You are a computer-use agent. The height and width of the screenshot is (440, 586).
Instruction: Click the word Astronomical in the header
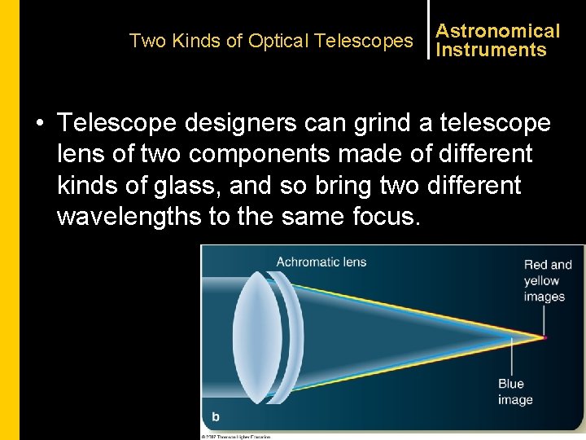click(497, 31)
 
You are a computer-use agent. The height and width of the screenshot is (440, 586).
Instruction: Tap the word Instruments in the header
click(491, 50)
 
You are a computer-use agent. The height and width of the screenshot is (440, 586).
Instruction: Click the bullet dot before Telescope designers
click(39, 124)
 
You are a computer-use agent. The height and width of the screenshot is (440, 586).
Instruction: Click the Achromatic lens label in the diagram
click(321, 262)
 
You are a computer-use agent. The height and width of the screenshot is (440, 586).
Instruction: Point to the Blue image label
click(514, 391)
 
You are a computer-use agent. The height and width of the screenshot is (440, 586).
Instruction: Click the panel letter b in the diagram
click(216, 416)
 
